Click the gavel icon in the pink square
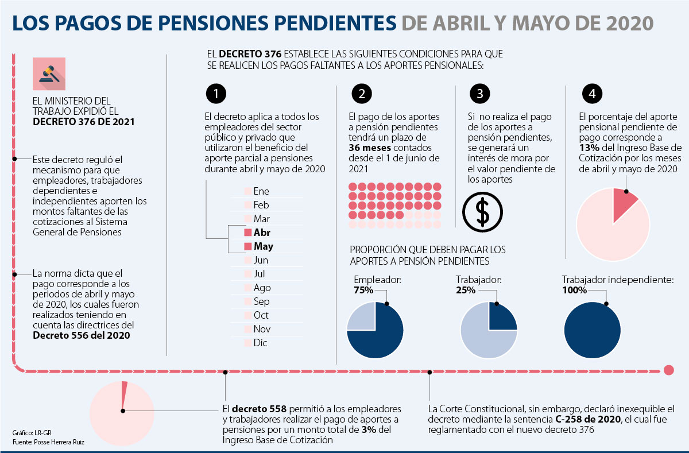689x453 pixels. (49, 73)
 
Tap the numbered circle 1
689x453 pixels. (215, 94)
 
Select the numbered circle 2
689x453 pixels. (361, 94)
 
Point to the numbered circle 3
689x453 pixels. (479, 94)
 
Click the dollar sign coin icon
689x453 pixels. (483, 211)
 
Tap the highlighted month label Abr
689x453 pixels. (262, 233)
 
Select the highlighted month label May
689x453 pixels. (264, 246)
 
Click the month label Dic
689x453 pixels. (261, 343)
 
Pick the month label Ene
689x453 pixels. (261, 191)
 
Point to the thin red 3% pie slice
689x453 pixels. (124, 396)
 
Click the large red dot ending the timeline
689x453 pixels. (668, 370)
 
